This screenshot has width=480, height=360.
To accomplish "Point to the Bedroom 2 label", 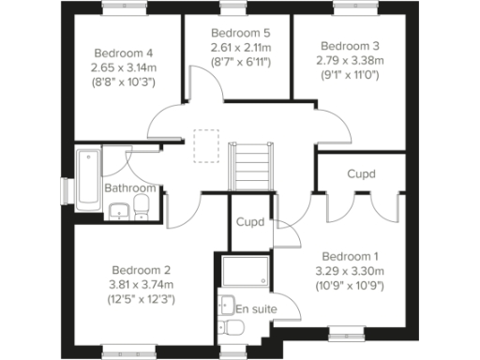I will tap(141, 267).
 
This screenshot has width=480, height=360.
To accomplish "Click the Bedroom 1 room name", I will tap(350, 256).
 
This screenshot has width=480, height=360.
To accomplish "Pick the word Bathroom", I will tap(129, 187).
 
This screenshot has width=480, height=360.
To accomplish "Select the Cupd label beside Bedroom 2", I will tap(249, 223).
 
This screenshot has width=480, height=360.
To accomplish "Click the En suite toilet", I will tap(232, 326).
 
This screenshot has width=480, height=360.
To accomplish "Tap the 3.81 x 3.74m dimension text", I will tap(141, 283).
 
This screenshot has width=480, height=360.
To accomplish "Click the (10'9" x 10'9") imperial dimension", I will tap(350, 286).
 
